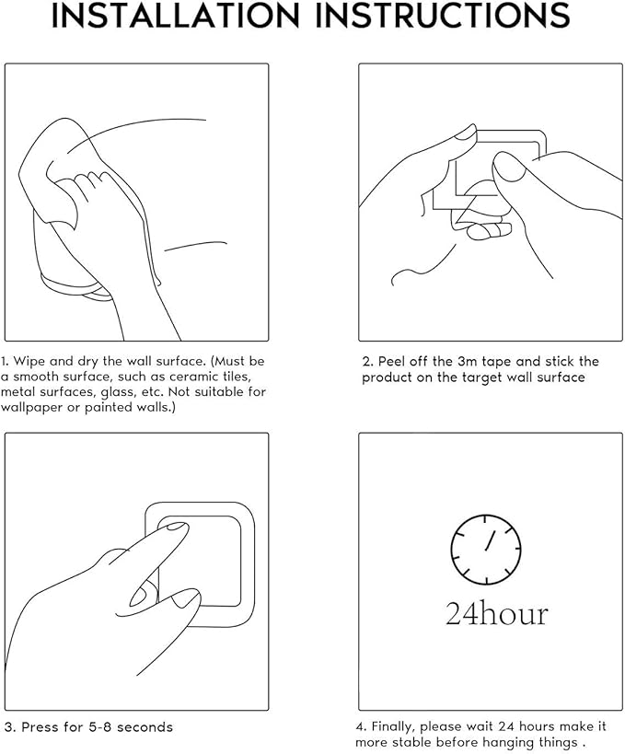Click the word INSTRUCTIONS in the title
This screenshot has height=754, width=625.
pyautogui.click(x=443, y=16)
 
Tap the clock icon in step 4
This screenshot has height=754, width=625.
pyautogui.click(x=486, y=549)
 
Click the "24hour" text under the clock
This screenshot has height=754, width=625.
pyautogui.click(x=497, y=614)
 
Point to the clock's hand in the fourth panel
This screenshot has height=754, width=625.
pyautogui.click(x=490, y=540)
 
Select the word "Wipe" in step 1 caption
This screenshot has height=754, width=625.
pyautogui.click(x=29, y=362)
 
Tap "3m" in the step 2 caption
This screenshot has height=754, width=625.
pyautogui.click(x=467, y=361)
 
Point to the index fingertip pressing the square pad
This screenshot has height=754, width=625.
pyautogui.click(x=179, y=527)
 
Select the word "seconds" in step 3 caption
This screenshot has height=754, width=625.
pyautogui.click(x=145, y=726)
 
